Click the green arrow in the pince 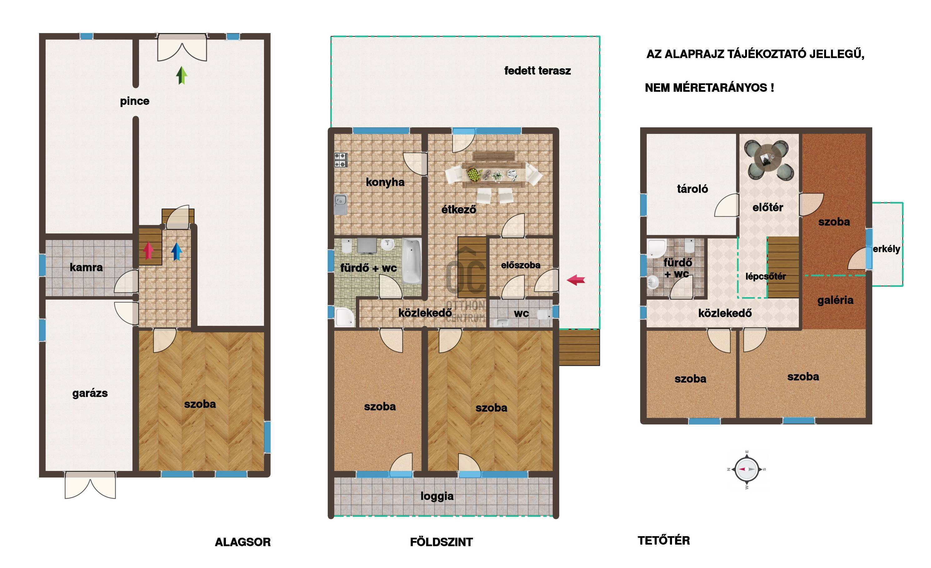[182, 76]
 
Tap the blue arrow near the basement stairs [177, 251]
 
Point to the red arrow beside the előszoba [576, 280]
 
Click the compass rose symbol [747, 469]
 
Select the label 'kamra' [86, 267]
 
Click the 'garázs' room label [90, 393]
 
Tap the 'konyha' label [385, 182]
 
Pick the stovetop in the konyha [341, 160]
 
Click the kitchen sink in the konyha [341, 204]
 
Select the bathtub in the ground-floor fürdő [411, 261]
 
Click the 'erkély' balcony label [886, 249]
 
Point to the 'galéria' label [835, 301]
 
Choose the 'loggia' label [437, 496]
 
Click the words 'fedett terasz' [537, 71]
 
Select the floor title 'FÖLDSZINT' [441, 542]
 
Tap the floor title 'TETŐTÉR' [664, 541]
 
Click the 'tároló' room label [692, 189]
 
